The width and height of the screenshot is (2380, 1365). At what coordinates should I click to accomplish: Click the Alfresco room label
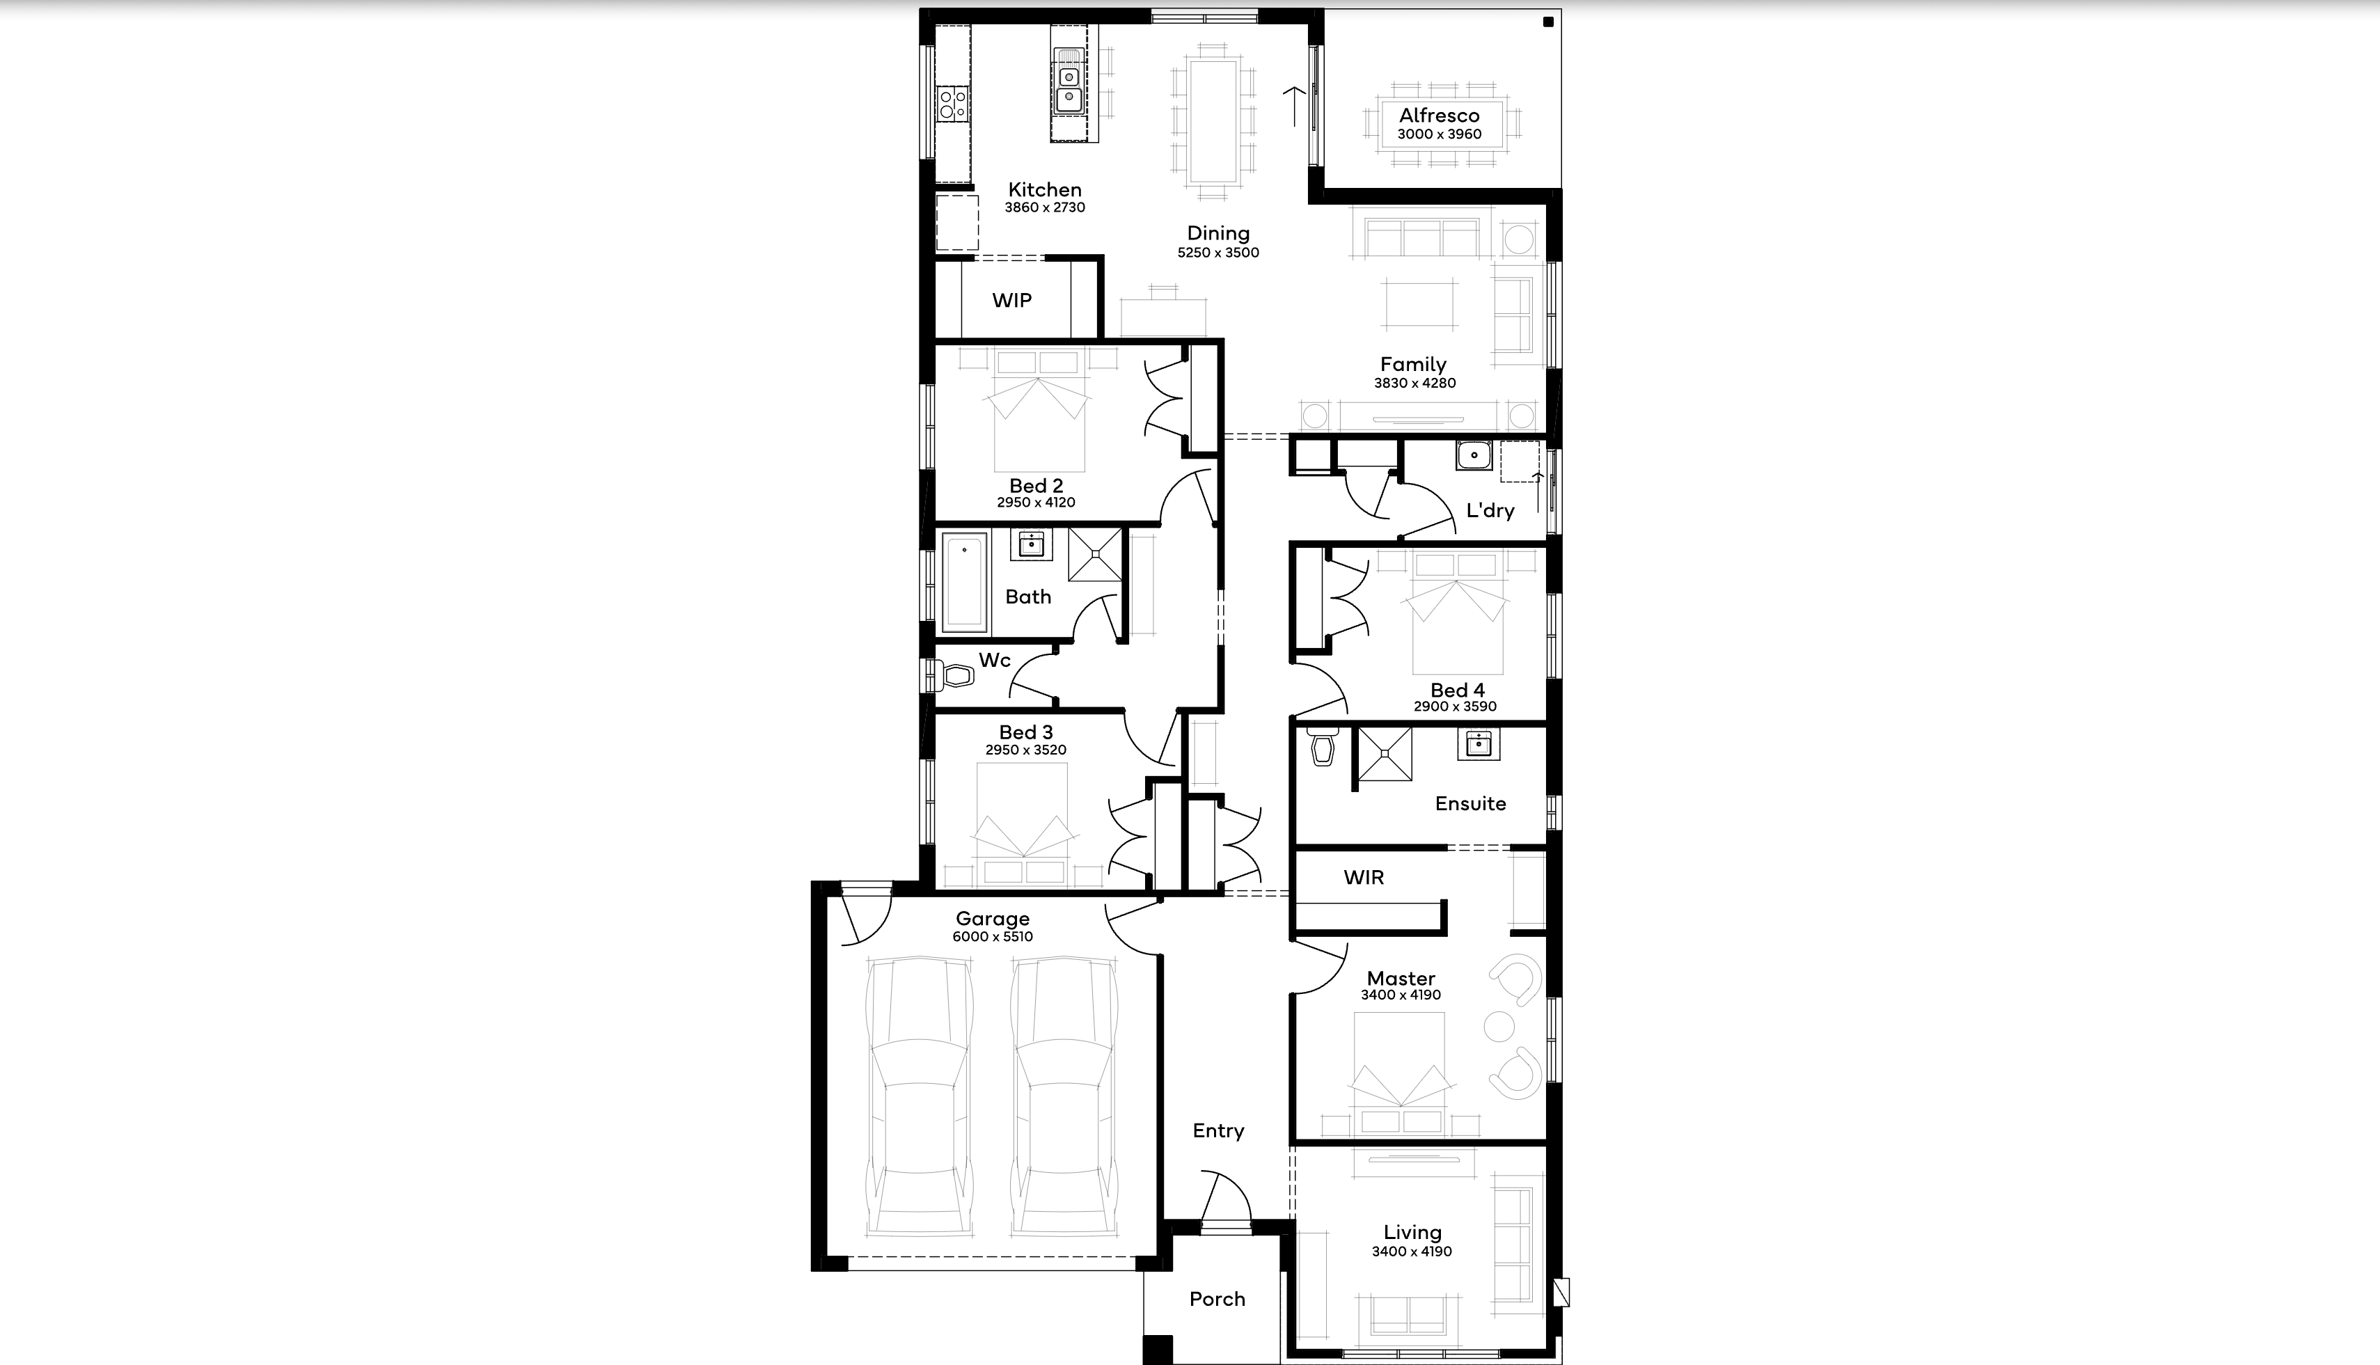pos(1439,116)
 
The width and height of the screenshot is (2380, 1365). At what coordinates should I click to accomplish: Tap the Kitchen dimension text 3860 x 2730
pos(1044,207)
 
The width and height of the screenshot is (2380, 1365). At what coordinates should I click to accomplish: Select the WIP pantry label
pos(1011,300)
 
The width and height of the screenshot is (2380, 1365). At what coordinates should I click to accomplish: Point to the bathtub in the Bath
pos(965,582)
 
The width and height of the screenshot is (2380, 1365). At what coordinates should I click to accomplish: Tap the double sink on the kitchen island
pos(1069,81)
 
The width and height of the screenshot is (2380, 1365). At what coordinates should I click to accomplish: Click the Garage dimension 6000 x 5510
pos(992,936)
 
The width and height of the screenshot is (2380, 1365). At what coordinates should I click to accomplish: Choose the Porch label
pos(1217,1298)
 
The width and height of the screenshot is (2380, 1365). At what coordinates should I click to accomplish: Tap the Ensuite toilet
pos(1322,746)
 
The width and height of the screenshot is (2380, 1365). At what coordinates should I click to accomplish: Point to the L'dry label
pos(1490,510)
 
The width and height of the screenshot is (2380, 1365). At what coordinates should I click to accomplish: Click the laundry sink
pos(1474,456)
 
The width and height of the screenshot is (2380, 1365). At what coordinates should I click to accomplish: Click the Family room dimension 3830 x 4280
pos(1414,383)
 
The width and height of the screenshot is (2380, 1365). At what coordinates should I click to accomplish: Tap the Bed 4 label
pos(1457,690)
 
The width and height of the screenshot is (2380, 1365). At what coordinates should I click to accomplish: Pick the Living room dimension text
pos(1411,1252)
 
